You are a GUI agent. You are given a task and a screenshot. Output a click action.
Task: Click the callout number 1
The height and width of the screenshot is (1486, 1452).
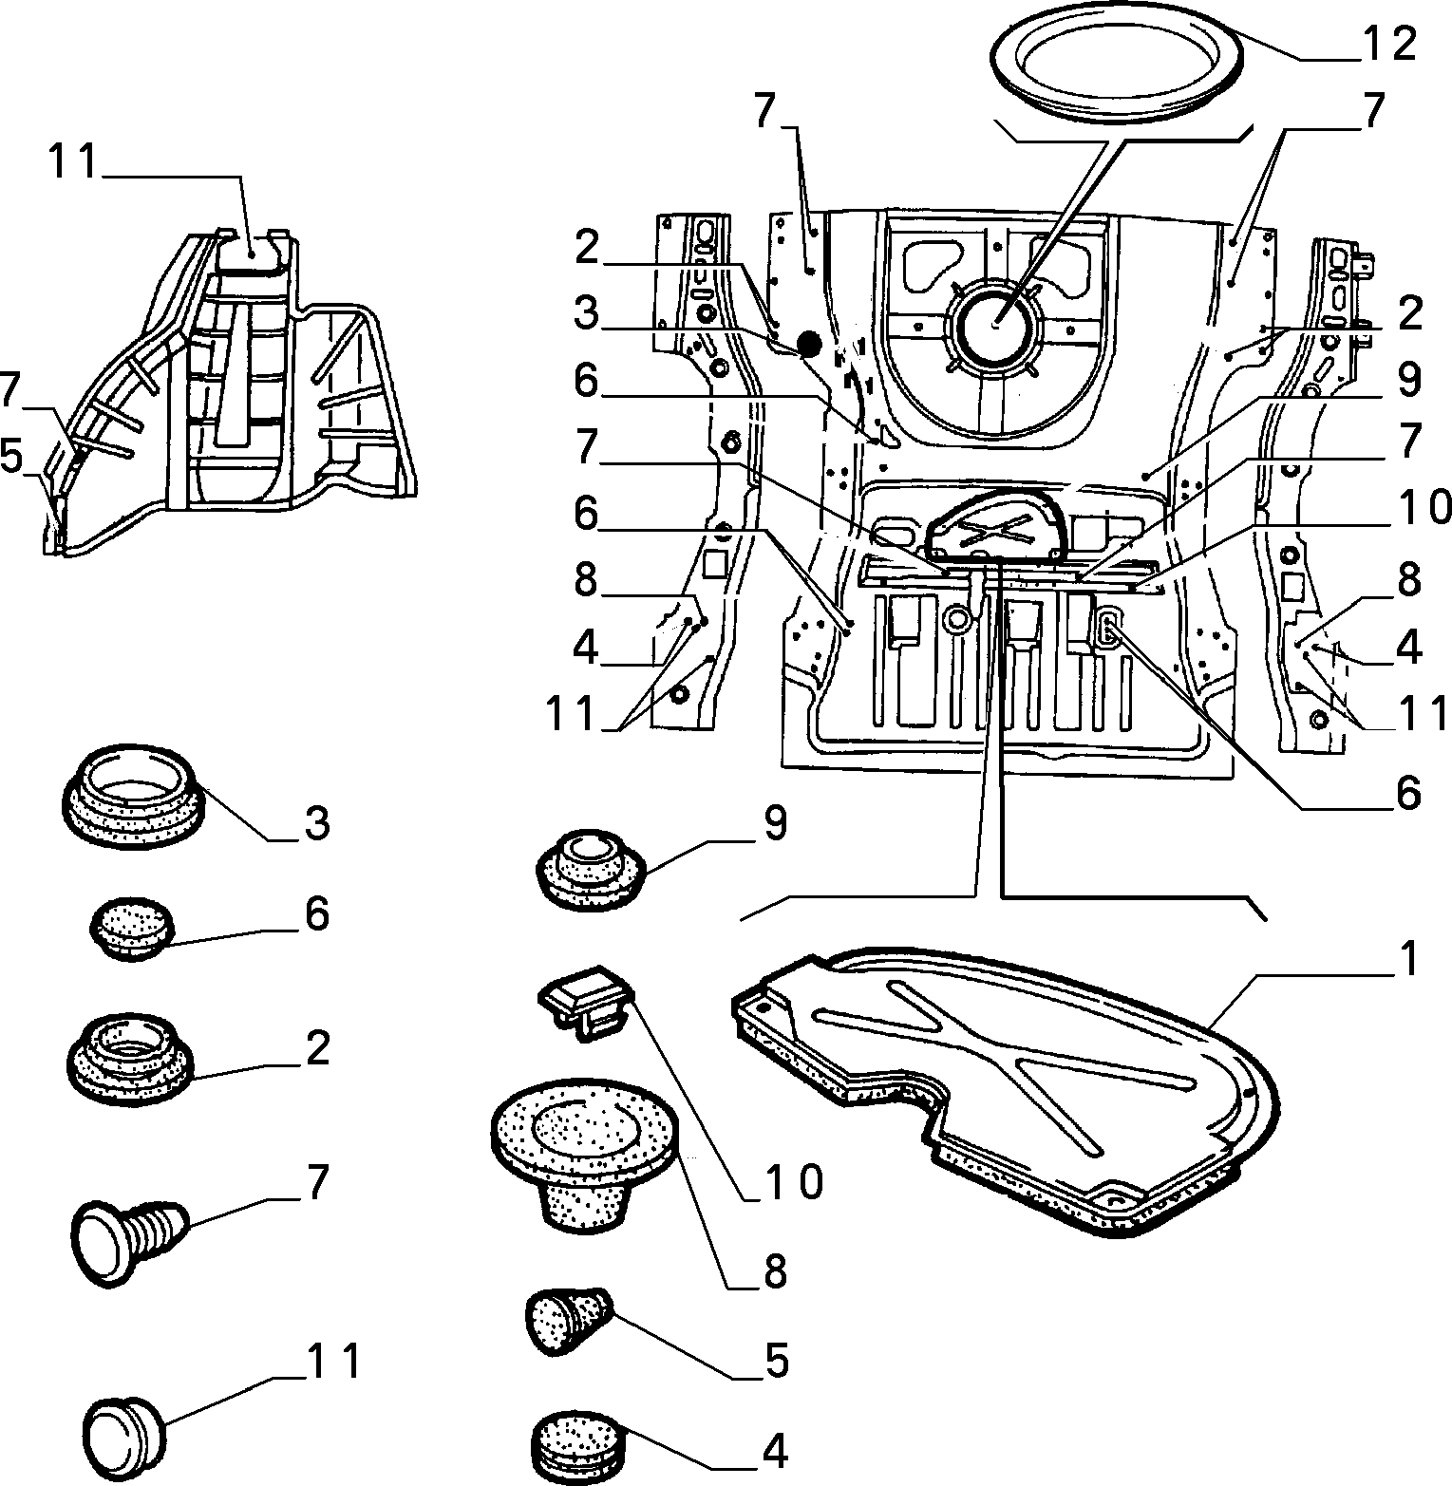click(x=1407, y=961)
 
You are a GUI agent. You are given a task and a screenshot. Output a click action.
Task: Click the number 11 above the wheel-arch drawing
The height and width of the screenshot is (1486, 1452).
click(x=75, y=162)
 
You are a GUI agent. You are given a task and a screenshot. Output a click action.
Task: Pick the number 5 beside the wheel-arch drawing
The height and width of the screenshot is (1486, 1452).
click(x=11, y=458)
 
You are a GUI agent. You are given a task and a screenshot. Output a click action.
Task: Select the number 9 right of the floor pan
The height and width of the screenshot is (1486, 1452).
click(x=1408, y=381)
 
